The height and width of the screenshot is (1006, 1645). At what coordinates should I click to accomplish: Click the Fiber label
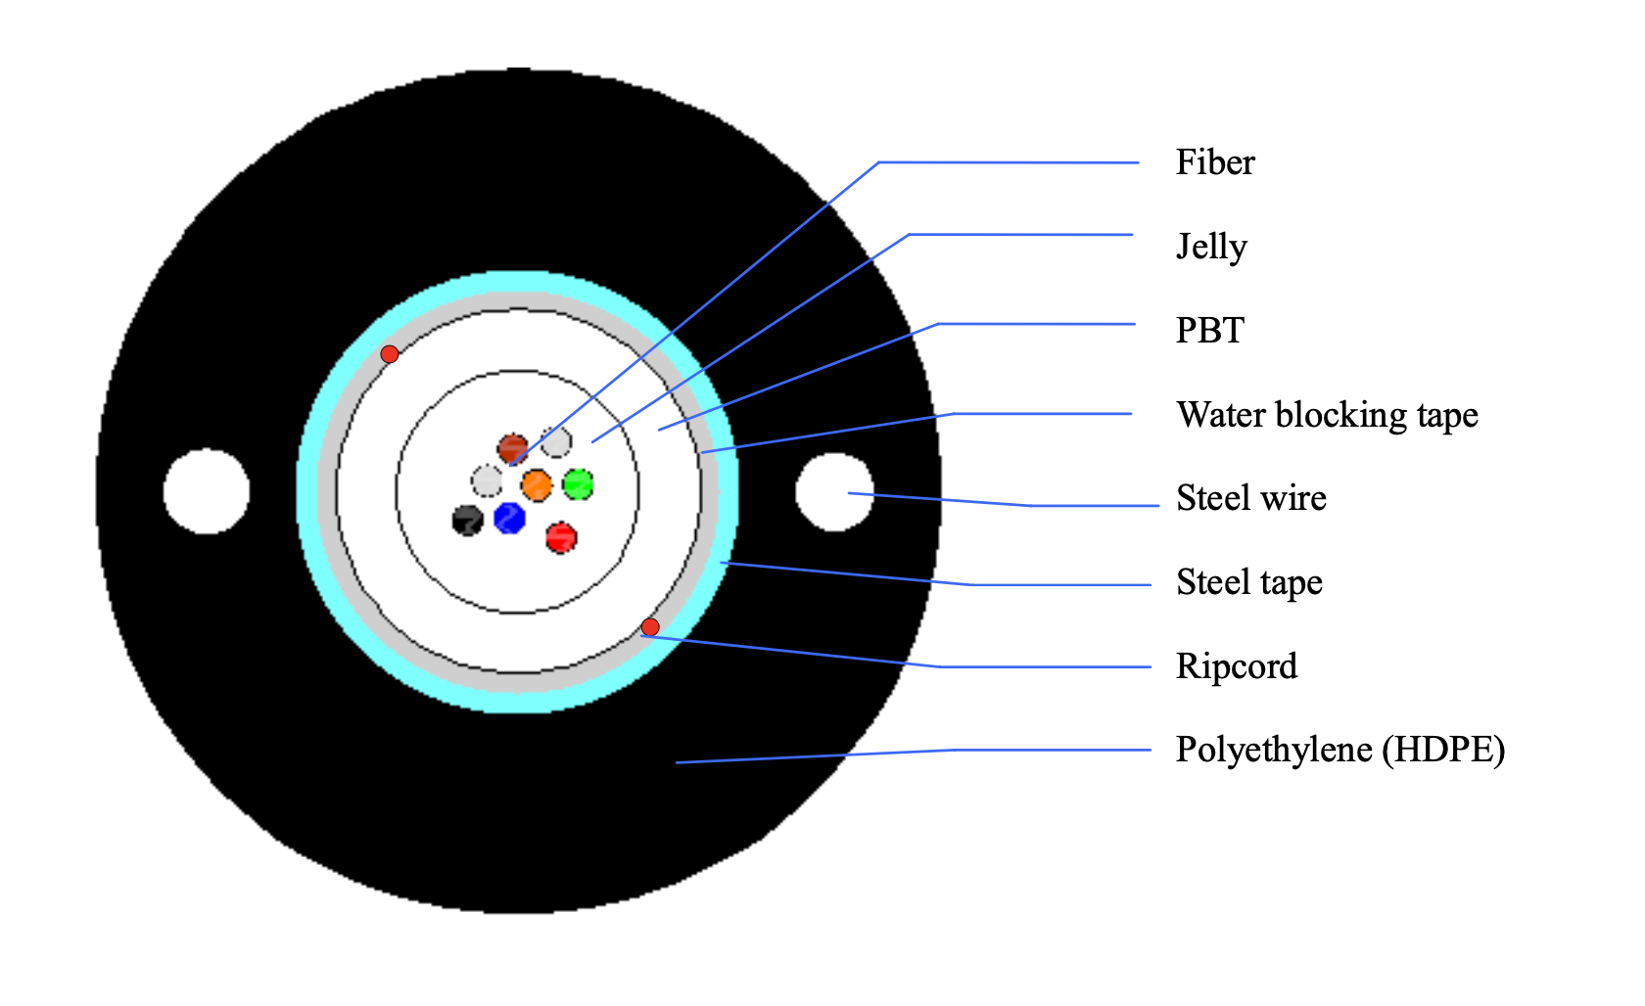tap(1214, 162)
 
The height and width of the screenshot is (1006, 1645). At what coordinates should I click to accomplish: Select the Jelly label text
tap(1212, 247)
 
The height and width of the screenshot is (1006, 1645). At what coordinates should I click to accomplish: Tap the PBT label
tap(1210, 330)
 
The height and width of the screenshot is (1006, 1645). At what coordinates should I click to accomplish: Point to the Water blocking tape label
tap(1327, 415)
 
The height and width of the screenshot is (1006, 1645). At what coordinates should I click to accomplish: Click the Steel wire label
tap(1251, 498)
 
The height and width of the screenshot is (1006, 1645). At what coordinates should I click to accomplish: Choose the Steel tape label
tap(1249, 582)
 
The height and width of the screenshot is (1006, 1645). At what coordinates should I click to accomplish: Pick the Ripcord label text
tap(1237, 666)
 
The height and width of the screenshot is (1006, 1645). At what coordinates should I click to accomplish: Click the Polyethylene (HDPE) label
tap(1340, 750)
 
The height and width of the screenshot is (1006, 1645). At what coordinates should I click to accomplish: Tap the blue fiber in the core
tap(509, 518)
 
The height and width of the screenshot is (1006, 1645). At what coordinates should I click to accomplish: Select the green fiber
tap(578, 484)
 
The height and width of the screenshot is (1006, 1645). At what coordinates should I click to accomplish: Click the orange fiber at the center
tap(537, 485)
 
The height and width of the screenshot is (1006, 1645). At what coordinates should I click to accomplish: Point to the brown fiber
tap(513, 449)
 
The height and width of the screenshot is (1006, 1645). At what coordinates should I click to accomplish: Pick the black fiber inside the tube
tap(467, 521)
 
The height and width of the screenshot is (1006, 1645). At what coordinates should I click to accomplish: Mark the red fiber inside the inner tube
tap(561, 538)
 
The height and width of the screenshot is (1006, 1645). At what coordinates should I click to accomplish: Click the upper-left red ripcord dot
tap(390, 354)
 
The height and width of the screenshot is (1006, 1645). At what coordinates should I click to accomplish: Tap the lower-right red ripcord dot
tap(650, 626)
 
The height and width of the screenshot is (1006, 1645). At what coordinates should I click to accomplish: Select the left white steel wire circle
tap(207, 491)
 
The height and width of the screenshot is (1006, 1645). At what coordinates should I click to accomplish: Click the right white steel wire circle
tap(834, 491)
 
